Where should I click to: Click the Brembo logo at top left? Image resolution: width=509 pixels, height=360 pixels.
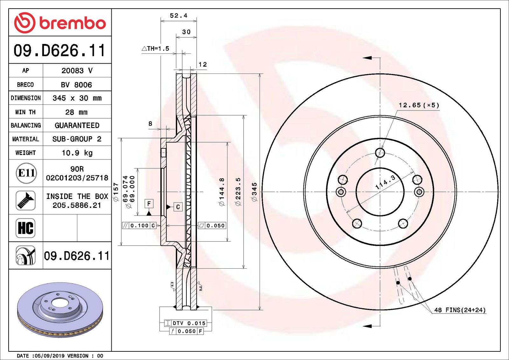(x=60, y=23)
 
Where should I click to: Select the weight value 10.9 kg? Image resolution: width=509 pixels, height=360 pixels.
(x=77, y=153)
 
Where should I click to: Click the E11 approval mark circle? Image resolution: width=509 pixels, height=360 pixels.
(x=26, y=173)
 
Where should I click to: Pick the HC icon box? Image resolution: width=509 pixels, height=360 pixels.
(x=25, y=228)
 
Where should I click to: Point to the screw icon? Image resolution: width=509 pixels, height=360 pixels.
(x=25, y=200)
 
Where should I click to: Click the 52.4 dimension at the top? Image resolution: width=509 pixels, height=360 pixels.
(x=178, y=16)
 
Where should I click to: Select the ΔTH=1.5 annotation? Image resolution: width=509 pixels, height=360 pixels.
(x=156, y=49)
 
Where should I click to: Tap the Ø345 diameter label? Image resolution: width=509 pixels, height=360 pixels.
(x=254, y=192)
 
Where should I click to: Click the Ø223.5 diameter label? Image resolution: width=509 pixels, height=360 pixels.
(x=238, y=192)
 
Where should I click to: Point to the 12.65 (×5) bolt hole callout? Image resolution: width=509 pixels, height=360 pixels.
(x=419, y=105)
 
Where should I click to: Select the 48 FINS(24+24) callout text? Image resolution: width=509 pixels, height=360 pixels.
(x=460, y=310)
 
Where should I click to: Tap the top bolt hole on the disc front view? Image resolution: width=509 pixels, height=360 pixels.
(x=380, y=153)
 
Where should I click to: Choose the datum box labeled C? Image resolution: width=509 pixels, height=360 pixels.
(x=178, y=207)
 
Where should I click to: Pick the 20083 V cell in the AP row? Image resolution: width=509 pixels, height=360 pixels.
(x=77, y=71)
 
